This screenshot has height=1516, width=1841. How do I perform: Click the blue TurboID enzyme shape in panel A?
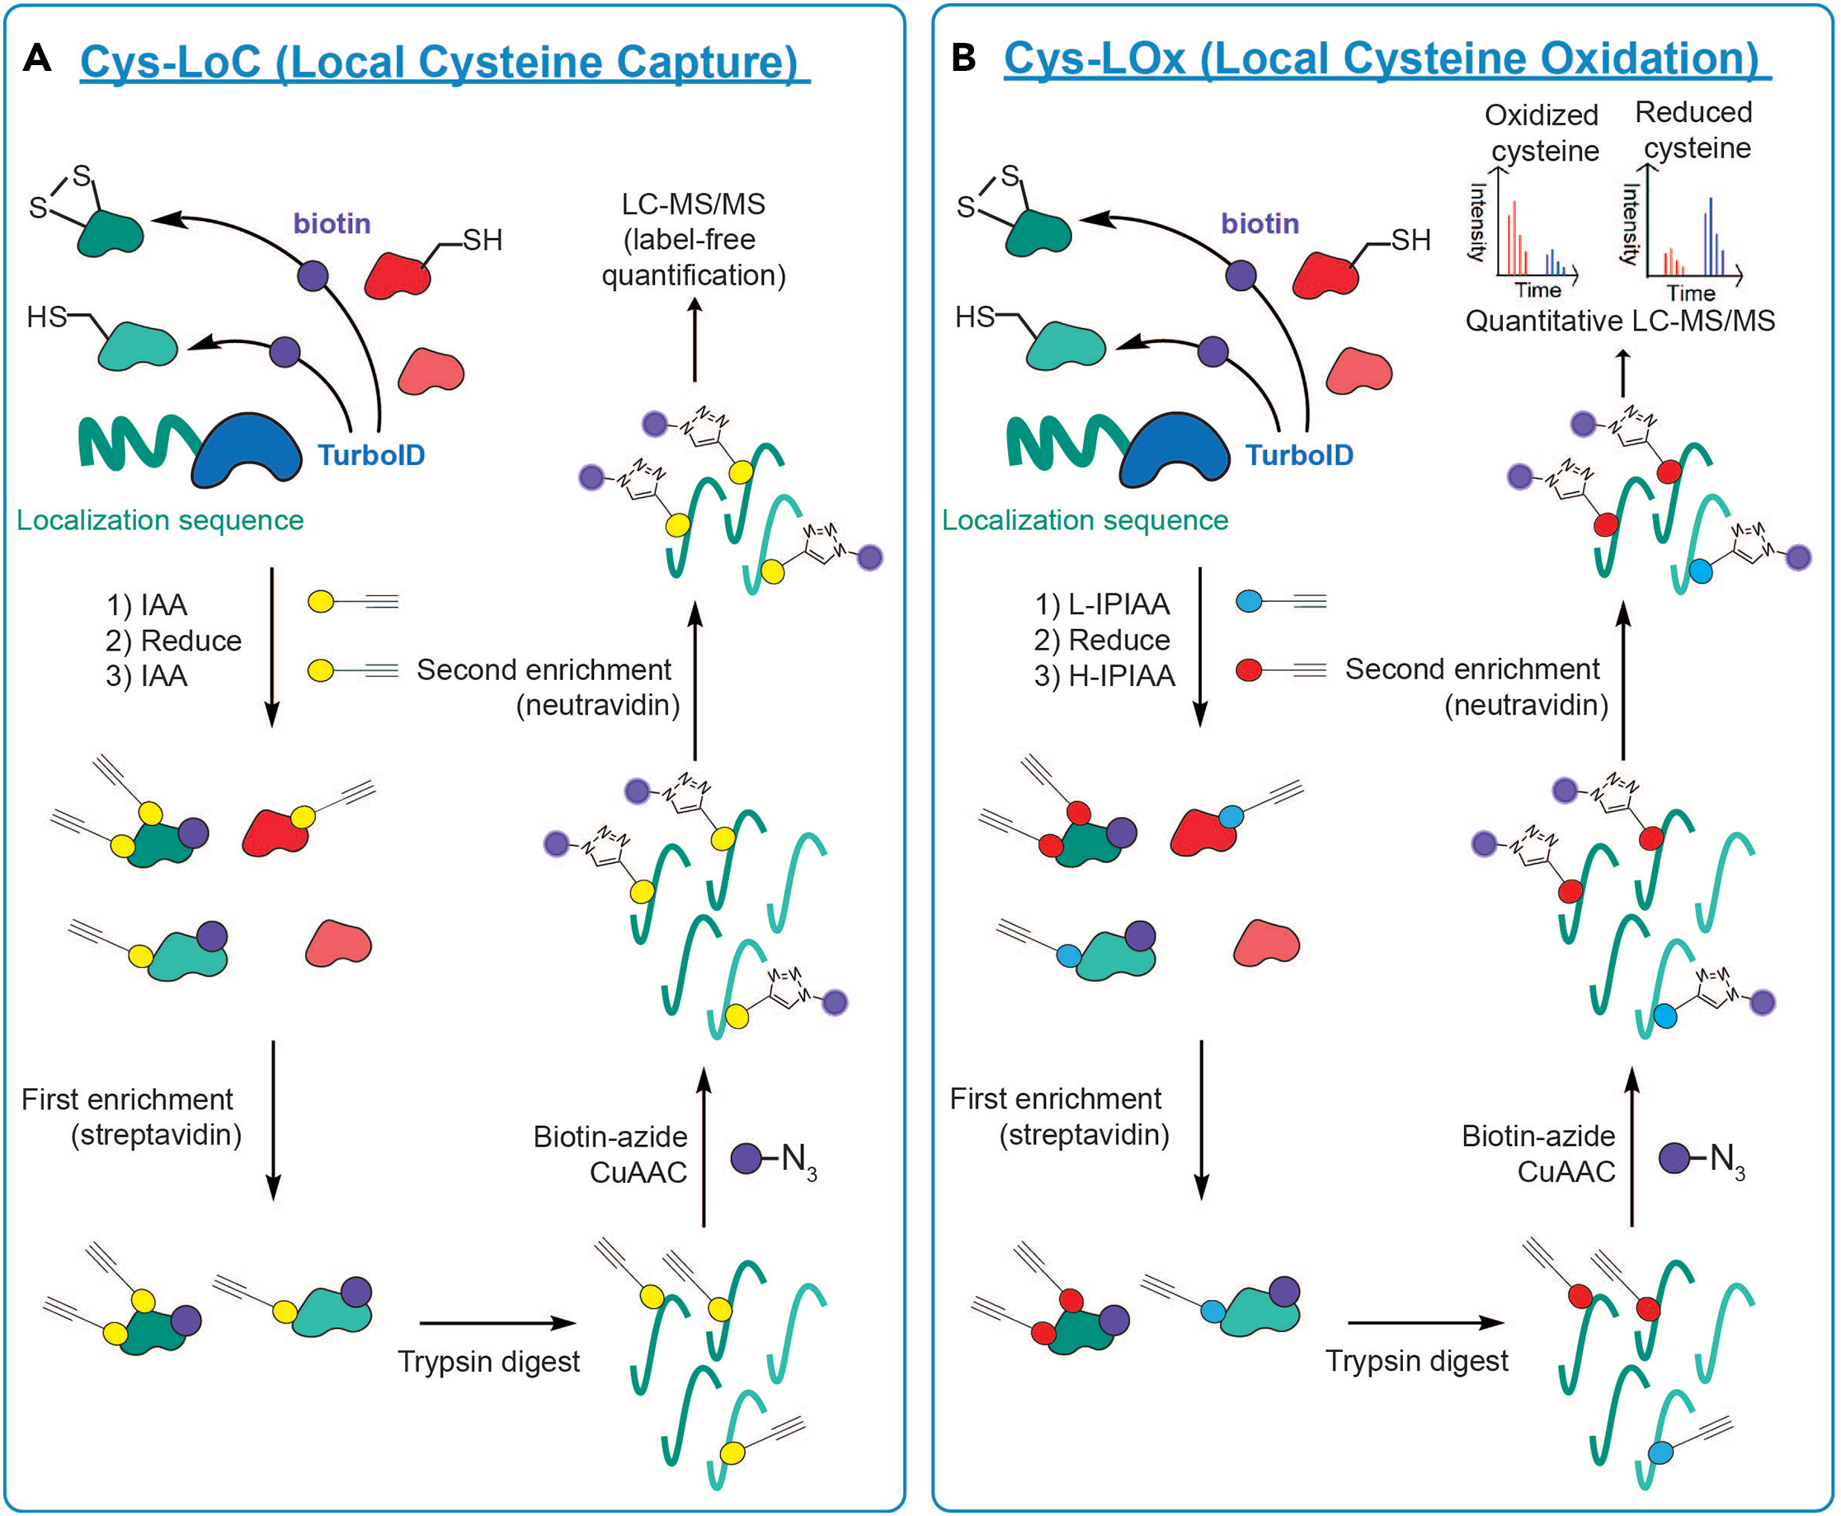point(247,450)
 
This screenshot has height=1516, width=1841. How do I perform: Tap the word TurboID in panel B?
point(1298,455)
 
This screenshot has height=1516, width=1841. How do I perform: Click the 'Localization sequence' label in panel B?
point(1085,520)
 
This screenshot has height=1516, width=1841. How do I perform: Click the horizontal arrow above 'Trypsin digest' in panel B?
point(1425,1323)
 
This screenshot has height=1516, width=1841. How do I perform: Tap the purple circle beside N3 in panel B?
point(1674,1159)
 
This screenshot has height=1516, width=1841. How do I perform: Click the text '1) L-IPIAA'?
point(1102,604)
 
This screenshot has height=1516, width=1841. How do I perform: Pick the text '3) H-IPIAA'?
point(1104,676)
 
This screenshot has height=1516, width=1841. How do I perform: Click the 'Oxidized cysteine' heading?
point(1543,133)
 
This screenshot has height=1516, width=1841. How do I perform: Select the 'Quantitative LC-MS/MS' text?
point(1620,321)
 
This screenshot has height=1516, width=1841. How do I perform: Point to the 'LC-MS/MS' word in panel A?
point(693,204)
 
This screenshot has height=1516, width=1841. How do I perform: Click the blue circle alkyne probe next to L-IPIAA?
point(1250,601)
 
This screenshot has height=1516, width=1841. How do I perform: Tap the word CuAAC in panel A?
point(638,1172)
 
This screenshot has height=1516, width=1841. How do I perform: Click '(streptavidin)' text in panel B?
point(1084,1134)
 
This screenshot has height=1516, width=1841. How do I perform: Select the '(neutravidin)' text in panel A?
point(598,705)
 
